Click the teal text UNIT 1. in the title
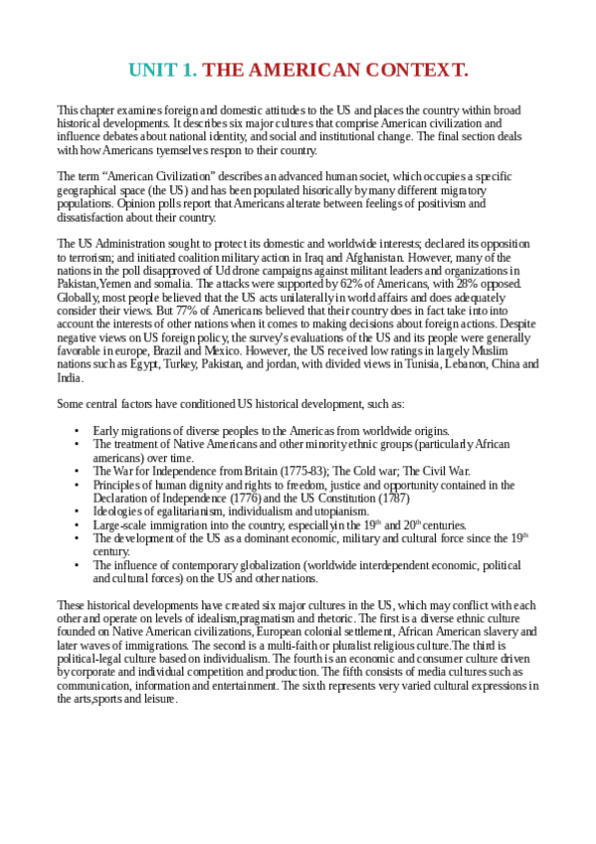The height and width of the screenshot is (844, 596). coord(163,70)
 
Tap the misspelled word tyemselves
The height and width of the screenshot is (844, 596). coord(183,150)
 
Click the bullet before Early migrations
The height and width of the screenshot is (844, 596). coord(77,430)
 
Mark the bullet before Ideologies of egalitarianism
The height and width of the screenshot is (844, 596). coord(77,512)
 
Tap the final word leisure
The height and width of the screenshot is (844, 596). coord(159,699)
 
